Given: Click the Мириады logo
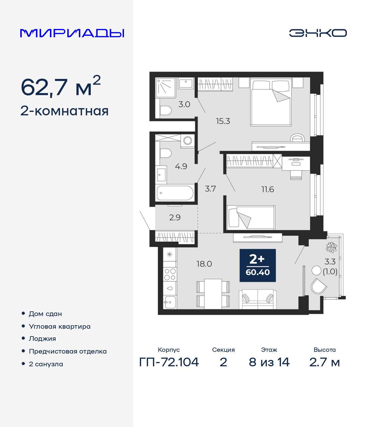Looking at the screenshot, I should pos(72,33).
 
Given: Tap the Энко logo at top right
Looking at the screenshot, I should pos(318,33).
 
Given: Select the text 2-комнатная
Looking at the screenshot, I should pos(64,111).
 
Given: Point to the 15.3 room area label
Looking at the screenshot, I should pos(223,121).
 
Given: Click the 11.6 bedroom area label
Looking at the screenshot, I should pos(267,189).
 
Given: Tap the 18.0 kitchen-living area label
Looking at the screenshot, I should pos(204,264).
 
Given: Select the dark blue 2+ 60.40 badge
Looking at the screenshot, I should pos(258,265).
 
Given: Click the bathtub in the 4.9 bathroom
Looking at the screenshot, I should pos(175,193).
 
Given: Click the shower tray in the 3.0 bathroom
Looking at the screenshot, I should pos(166,88).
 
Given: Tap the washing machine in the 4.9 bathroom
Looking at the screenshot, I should pos(188,141).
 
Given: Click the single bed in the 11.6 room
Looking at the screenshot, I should pos(250,217).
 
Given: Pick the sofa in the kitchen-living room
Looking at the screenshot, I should pos(258,299).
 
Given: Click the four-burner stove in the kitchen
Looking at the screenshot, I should pos(170,274).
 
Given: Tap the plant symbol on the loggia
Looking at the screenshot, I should pos(331,247).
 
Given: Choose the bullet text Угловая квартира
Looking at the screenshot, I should pos(60,326).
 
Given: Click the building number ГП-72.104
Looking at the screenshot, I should pos(169,362).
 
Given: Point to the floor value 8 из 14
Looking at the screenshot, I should pos(269,362).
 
